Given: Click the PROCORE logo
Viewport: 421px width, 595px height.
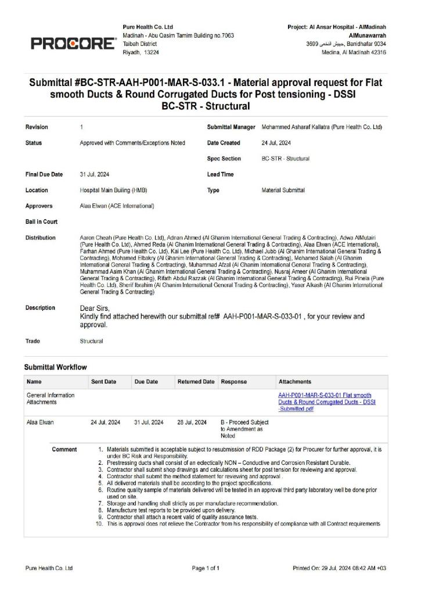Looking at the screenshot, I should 73,43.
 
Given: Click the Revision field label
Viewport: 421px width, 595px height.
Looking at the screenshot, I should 37,127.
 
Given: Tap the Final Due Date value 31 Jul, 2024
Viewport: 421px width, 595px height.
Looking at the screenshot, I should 95,174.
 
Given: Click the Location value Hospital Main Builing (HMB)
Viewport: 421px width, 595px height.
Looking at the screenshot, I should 114,190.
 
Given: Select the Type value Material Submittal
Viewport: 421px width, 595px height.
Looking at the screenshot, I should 283,190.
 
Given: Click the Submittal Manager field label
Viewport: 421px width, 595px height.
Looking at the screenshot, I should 231,127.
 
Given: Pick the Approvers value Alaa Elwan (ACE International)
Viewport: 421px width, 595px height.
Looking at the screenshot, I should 117,206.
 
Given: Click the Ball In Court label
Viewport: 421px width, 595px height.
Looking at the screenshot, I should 41,221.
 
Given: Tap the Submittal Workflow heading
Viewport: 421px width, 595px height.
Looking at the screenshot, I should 55,367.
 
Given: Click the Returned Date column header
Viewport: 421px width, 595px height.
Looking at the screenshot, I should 196,382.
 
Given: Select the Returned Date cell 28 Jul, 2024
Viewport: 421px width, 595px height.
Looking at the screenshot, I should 192,422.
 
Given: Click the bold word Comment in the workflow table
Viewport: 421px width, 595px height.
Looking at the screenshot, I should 64,449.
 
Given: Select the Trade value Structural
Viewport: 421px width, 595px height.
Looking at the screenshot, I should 91,341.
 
